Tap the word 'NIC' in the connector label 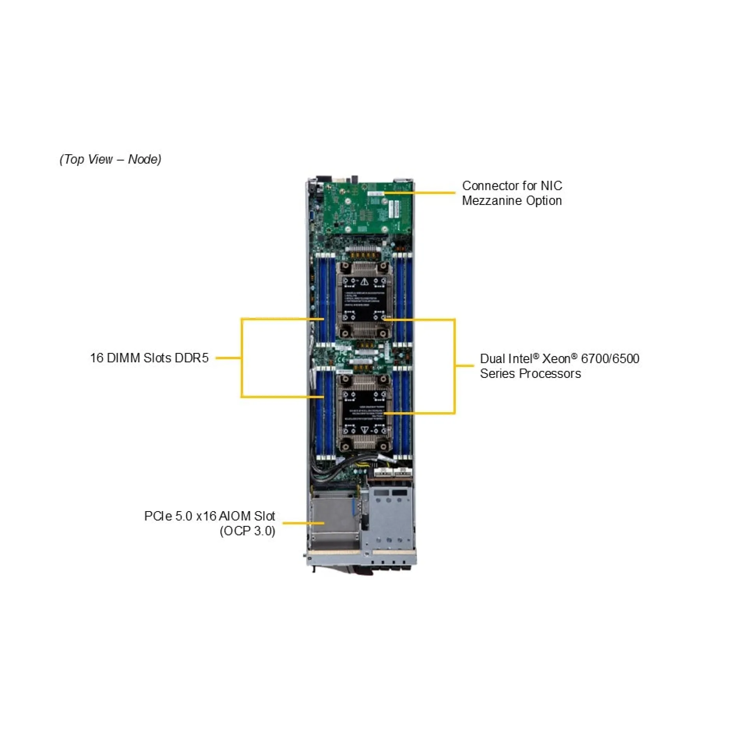(x=551, y=186)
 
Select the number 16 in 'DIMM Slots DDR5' (x=97, y=358)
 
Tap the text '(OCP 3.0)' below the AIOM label (x=247, y=531)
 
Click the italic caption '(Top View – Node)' (x=110, y=159)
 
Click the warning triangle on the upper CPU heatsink (x=364, y=281)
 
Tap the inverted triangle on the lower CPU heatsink (x=364, y=429)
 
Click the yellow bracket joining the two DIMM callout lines (x=242, y=358)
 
